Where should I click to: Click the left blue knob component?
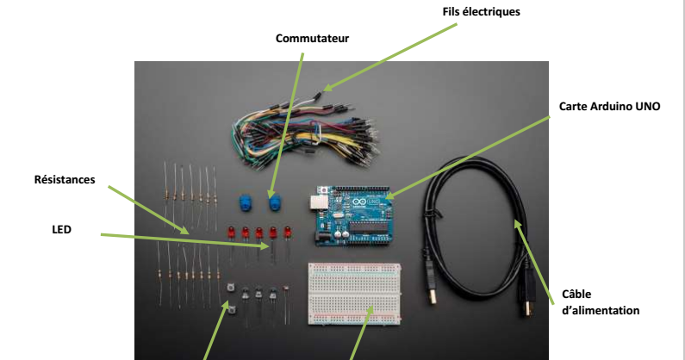(242, 202)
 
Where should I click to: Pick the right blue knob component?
(276, 204)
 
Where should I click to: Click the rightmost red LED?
(287, 232)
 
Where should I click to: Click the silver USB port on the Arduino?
(315, 202)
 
